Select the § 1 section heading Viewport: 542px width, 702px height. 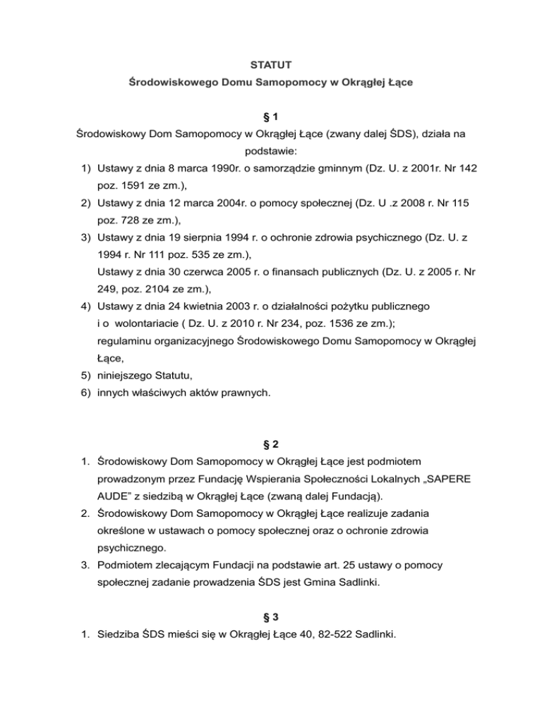tap(271, 115)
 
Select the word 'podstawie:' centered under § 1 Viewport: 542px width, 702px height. tap(271, 151)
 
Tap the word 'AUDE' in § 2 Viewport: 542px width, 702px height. tap(116, 498)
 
